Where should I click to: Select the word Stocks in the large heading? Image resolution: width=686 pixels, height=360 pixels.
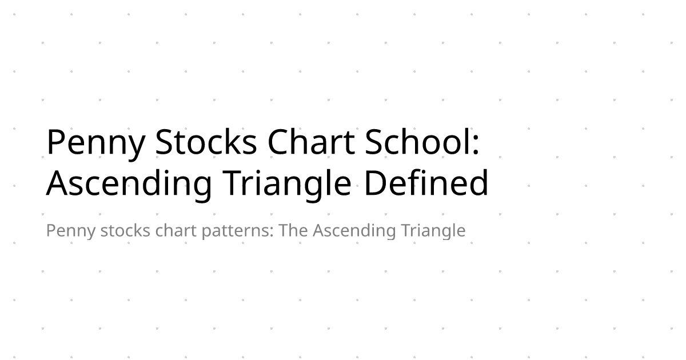(206, 143)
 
